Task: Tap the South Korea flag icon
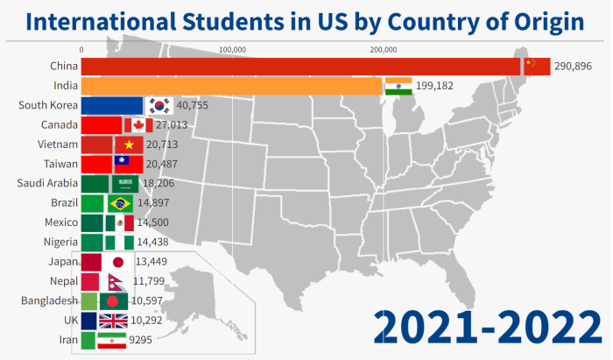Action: coord(159,106)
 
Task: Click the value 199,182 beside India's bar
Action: coord(440,86)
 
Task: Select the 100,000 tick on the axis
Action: coord(232,49)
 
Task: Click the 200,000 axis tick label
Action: coord(383,49)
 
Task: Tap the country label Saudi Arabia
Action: coord(48,183)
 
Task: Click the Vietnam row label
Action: coord(59,145)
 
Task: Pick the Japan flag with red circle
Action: coord(118,262)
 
